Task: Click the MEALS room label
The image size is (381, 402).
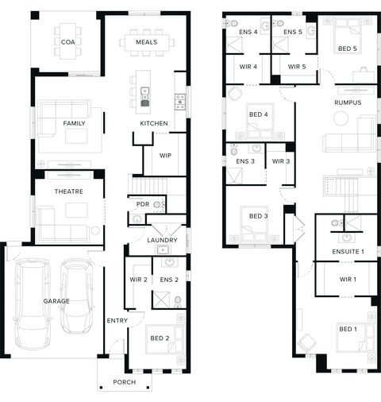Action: [146, 42]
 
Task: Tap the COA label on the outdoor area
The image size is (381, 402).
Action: [67, 42]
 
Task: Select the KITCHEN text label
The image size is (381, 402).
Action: [154, 123]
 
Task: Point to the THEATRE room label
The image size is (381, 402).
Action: [69, 191]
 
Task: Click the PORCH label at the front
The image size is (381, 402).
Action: [125, 382]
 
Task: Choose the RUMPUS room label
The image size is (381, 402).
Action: [348, 102]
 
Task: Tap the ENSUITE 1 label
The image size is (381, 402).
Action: [348, 252]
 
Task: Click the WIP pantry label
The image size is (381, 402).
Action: [165, 156]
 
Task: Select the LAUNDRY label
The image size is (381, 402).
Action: [162, 240]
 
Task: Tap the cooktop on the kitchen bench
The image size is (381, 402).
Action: [180, 102]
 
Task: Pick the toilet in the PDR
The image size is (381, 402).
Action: [159, 204]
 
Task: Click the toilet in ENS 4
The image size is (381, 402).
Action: [232, 24]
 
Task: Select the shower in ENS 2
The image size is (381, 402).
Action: [161, 300]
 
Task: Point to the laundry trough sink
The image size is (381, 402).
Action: [163, 249]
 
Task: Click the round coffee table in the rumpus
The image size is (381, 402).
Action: [341, 118]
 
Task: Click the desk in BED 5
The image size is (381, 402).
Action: [364, 75]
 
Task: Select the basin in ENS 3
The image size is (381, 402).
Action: [256, 149]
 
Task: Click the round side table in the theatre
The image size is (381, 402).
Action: [95, 230]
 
